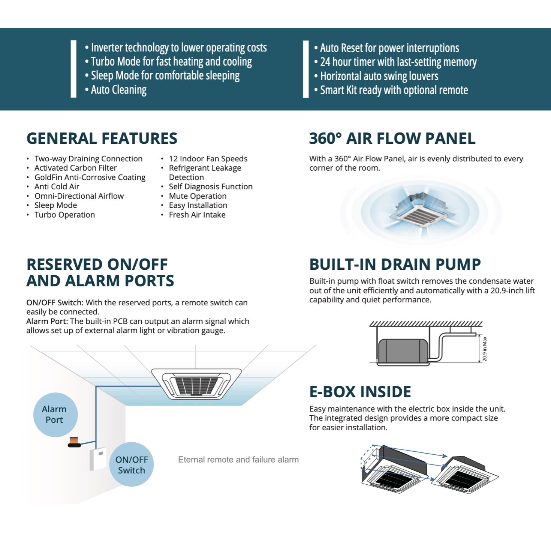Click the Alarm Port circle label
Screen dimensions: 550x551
point(55,415)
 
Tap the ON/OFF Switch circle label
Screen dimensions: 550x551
point(132,465)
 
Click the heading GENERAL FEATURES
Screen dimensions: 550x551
point(102,138)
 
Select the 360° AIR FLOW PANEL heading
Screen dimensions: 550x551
point(392,138)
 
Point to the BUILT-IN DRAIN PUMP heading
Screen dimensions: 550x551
point(395,264)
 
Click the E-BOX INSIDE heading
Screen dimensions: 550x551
point(360,392)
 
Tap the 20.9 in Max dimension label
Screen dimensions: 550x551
point(485,349)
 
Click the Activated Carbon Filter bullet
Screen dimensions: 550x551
point(75,168)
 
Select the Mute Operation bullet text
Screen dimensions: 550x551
point(198,196)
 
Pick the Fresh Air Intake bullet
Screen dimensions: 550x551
point(197,215)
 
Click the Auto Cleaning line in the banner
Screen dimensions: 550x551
point(118,90)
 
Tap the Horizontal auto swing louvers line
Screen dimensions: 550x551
point(379,76)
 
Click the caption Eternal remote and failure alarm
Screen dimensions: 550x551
point(238,460)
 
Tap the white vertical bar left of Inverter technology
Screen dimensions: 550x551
point(73,69)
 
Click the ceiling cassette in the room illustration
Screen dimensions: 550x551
point(196,383)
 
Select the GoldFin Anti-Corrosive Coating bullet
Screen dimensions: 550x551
point(90,177)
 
